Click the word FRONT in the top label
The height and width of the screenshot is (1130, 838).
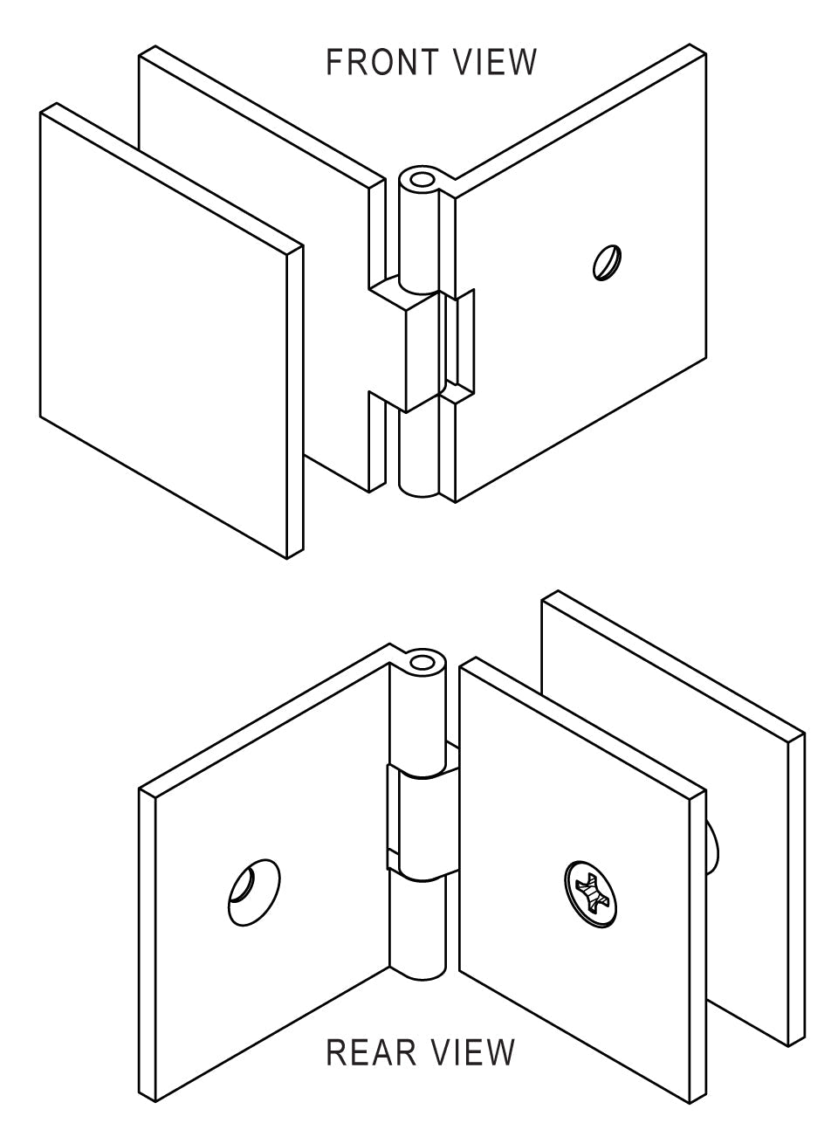382,62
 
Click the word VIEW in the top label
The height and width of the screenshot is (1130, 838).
495,62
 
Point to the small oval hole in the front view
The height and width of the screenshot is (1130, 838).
607,262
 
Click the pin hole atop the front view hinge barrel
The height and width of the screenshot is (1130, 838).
421,180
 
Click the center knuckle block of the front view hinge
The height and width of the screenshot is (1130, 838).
422,352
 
